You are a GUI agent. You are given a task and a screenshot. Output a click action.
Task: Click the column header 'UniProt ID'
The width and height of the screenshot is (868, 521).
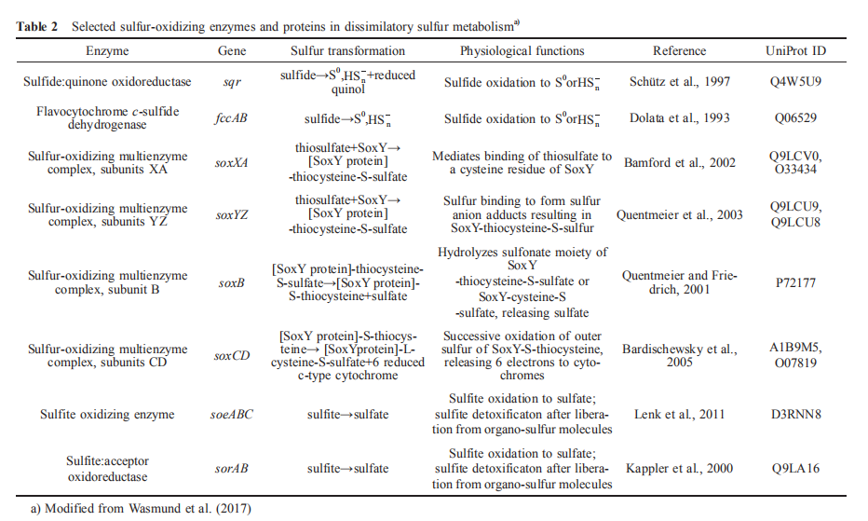click(x=795, y=51)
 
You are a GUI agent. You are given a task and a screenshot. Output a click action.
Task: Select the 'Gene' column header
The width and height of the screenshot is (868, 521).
click(x=232, y=51)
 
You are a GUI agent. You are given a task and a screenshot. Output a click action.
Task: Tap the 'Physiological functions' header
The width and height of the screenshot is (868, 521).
click(x=522, y=51)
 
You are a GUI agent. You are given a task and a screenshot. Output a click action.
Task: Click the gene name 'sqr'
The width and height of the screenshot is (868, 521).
click(x=232, y=82)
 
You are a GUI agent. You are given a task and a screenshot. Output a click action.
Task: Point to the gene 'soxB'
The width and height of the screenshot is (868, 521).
click(x=232, y=283)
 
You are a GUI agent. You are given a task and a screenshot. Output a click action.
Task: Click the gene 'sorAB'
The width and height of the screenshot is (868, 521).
click(x=232, y=468)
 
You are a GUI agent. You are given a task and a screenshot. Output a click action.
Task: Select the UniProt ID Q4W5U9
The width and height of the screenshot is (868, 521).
click(x=794, y=82)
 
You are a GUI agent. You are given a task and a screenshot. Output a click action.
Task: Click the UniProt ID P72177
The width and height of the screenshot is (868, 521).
click(x=794, y=283)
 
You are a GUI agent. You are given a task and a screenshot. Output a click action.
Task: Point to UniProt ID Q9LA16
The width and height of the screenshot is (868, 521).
click(x=794, y=468)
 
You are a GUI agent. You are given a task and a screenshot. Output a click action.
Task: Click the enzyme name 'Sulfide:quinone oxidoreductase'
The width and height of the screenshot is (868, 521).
click(x=107, y=82)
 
